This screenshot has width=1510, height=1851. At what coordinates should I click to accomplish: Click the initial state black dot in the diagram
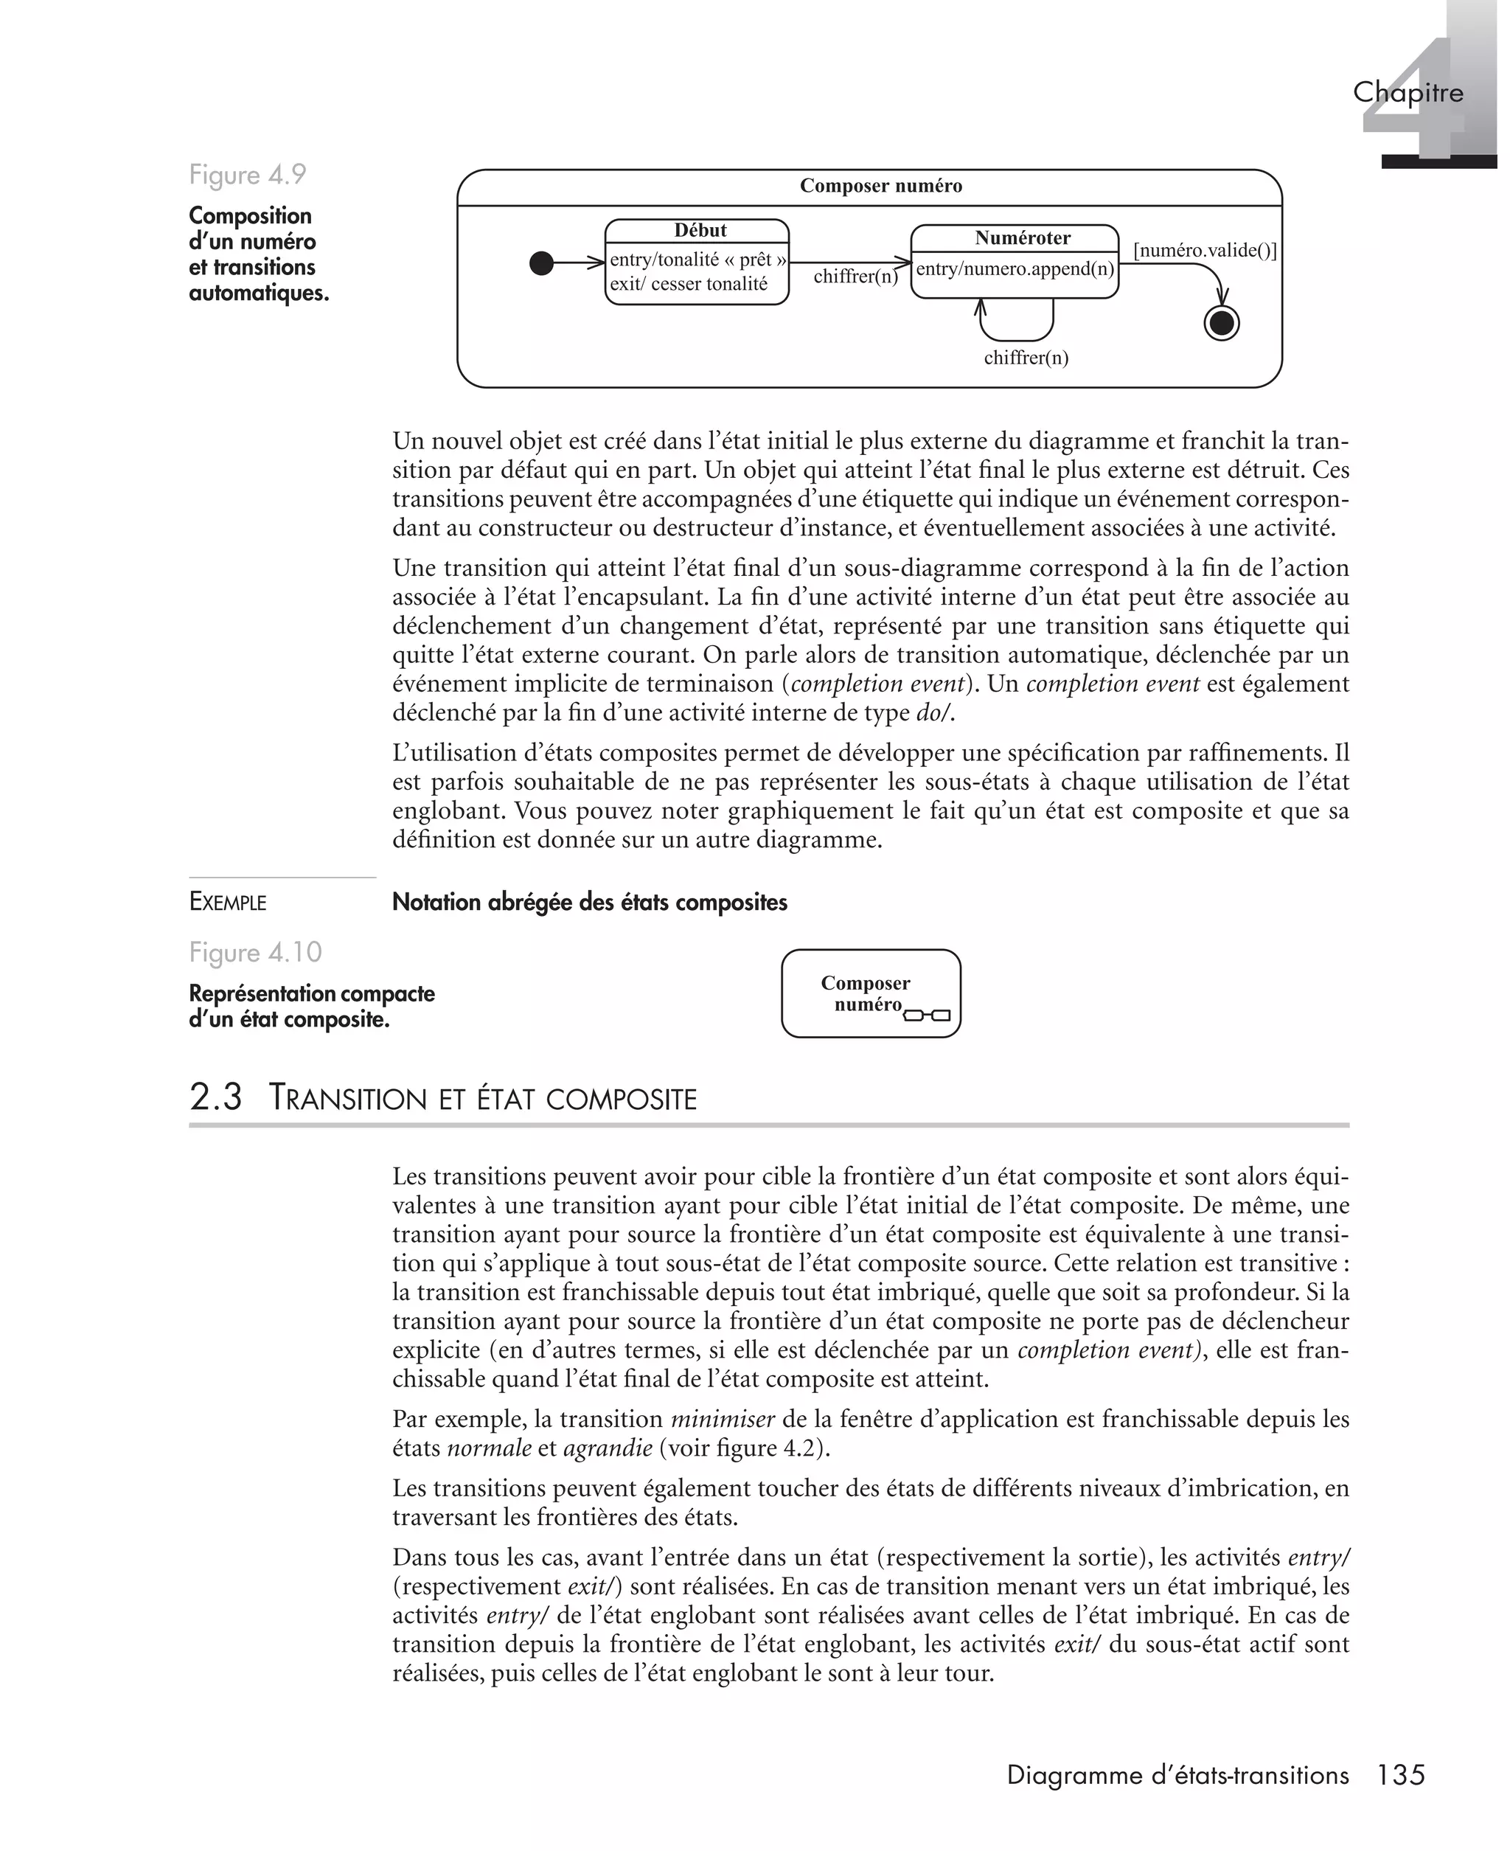[541, 263]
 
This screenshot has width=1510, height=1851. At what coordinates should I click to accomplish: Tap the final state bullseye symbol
[1221, 324]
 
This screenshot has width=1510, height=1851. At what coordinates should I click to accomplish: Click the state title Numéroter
[1022, 237]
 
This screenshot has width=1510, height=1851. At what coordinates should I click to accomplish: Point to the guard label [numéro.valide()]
[1205, 251]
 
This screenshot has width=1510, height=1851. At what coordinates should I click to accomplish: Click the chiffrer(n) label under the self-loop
[1026, 358]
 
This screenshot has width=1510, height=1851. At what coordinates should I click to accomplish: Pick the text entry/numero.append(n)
[1015, 268]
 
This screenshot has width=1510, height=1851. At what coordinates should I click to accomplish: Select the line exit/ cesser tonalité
[689, 284]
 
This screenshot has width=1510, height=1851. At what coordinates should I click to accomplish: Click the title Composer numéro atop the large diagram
[880, 186]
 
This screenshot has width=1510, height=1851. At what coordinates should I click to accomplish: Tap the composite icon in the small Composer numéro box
[928, 1014]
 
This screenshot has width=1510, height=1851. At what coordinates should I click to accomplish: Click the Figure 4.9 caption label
[248, 175]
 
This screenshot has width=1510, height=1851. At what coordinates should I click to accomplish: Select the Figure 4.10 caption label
[256, 953]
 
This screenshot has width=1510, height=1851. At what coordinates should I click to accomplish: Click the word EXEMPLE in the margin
[228, 902]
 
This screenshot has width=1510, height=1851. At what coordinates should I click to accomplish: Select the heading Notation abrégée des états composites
[590, 902]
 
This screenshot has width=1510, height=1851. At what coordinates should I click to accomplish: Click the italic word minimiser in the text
[722, 1419]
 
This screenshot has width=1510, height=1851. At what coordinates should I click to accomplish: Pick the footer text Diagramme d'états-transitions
[1177, 1775]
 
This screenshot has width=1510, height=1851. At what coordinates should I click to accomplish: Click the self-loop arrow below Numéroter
[1017, 338]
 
